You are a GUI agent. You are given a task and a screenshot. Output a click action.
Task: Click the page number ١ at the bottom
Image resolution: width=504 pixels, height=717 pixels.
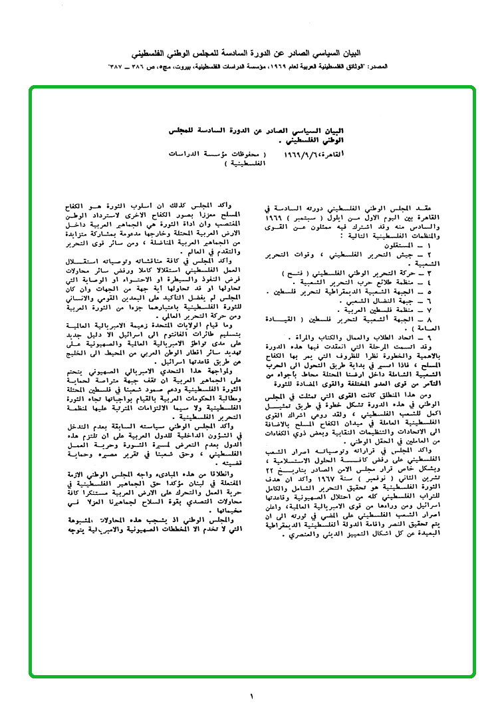(x=252, y=696)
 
